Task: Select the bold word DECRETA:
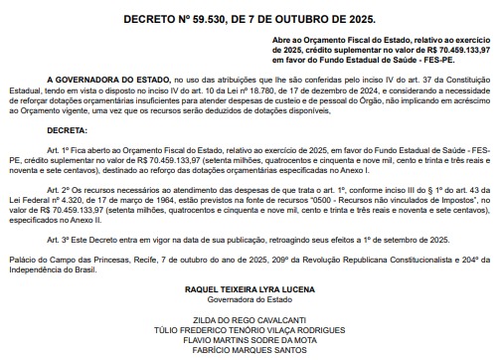pyautogui.click(x=67, y=130)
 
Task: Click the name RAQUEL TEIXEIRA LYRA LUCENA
pyautogui.click(x=252, y=290)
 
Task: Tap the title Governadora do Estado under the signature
pyautogui.click(x=252, y=300)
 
